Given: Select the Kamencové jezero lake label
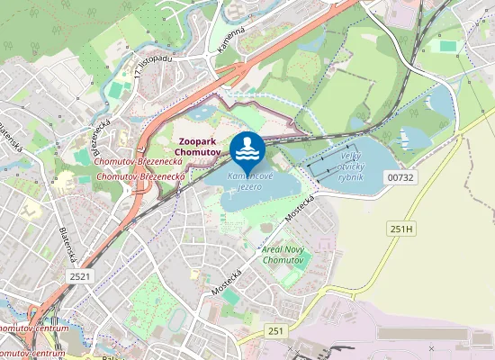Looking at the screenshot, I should tap(245, 180).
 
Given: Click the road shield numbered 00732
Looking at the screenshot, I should tap(400, 178).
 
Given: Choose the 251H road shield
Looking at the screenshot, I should tap(400, 229).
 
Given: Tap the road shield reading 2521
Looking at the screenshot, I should tap(79, 276).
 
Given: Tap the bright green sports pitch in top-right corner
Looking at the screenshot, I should tap(445, 45).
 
